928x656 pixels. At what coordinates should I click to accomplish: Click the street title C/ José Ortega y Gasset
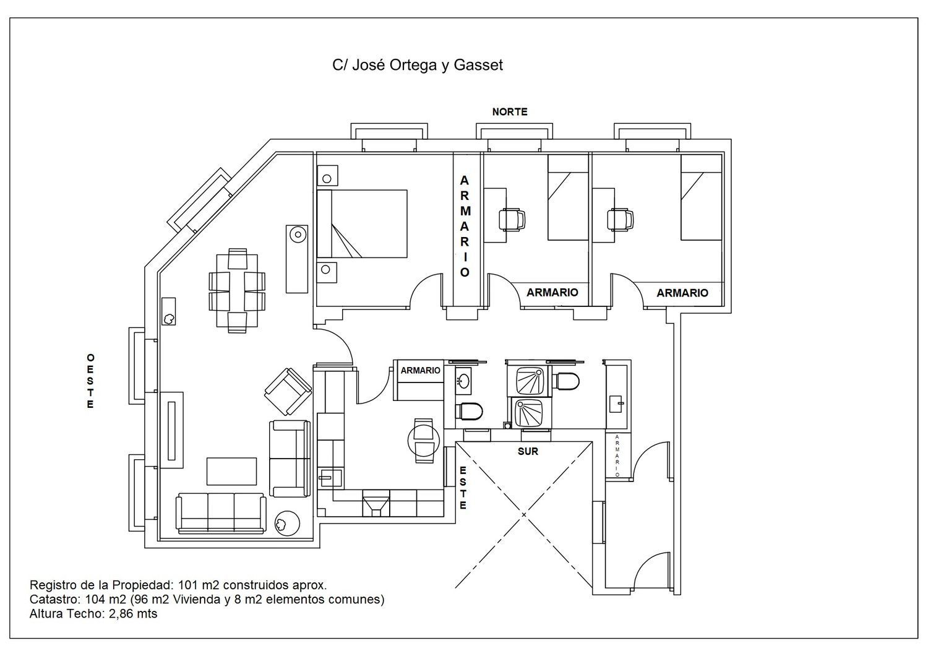pyautogui.click(x=417, y=66)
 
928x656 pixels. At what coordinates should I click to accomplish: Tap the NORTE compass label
pyautogui.click(x=510, y=112)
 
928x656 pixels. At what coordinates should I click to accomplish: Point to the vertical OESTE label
pyautogui.click(x=90, y=381)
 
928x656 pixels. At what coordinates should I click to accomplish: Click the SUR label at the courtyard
pyautogui.click(x=528, y=451)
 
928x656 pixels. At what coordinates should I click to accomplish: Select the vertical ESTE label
pyautogui.click(x=463, y=488)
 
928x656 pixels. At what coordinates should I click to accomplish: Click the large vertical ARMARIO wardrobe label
pyautogui.click(x=465, y=227)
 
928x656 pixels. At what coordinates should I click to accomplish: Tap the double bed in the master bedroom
pyautogui.click(x=362, y=224)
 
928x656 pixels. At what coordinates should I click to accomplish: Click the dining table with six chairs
pyautogui.click(x=237, y=290)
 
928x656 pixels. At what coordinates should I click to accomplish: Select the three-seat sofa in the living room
pyautogui.click(x=221, y=512)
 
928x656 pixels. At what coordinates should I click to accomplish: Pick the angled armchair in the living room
pyautogui.click(x=288, y=391)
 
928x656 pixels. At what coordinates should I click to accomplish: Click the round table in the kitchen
pyautogui.click(x=424, y=441)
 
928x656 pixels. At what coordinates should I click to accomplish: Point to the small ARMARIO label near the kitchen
pyautogui.click(x=420, y=371)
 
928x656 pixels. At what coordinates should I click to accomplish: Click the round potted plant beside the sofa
pyautogui.click(x=287, y=524)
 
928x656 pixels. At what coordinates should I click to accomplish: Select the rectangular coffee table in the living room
pyautogui.click(x=231, y=471)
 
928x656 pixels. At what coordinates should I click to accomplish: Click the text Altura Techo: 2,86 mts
pyautogui.click(x=93, y=614)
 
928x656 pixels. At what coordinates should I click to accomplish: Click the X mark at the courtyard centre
pyautogui.click(x=524, y=515)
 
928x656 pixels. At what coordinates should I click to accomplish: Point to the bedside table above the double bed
pyautogui.click(x=327, y=175)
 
